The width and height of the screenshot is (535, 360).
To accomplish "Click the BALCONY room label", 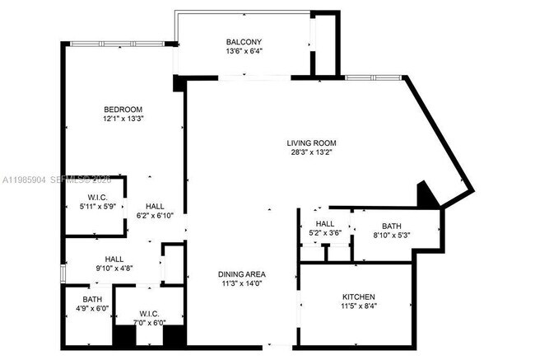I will point(244,41).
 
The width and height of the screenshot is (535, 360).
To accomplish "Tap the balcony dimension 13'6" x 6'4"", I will point(244,51).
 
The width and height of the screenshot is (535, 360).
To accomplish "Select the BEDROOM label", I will point(123,110).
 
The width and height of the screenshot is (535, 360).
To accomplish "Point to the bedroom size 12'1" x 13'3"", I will point(123,119).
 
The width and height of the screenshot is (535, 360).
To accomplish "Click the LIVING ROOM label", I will point(311,142).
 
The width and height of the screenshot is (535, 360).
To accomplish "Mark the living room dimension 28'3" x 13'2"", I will point(311,152).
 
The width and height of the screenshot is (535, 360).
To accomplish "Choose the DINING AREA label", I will point(241,274).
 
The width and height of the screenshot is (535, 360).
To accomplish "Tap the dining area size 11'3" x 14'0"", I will point(241,284).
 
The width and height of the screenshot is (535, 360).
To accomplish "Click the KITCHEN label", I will point(359,297).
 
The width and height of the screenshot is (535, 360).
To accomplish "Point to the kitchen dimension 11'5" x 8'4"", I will point(359,306).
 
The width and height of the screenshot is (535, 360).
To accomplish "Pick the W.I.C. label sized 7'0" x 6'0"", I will point(149,313).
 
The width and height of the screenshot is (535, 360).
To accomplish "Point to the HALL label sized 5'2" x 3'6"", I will point(324,223).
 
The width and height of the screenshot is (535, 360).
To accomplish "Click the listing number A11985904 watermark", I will point(25,179).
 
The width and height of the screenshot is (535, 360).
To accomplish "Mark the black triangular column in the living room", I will point(427,195).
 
